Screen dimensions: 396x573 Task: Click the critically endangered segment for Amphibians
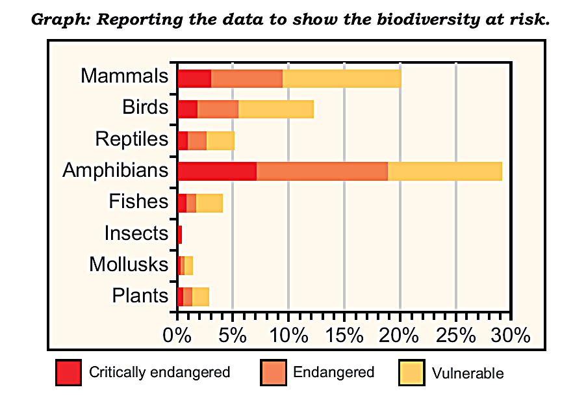coord(216,171)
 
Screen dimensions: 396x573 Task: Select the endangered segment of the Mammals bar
coord(246,77)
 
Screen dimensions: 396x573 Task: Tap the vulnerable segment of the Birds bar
coord(275,109)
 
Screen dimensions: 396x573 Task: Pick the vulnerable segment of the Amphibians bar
coord(444,171)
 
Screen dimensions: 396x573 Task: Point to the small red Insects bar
coord(179,234)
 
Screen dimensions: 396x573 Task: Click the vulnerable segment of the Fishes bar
coord(209,203)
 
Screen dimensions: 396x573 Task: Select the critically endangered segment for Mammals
coord(194,77)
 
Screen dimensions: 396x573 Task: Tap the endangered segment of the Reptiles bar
coord(197,140)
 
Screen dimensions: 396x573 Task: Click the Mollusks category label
coord(129,265)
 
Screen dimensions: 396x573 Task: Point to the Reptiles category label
coord(132,139)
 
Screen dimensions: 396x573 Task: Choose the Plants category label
coord(140,296)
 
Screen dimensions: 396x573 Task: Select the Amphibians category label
coord(116,171)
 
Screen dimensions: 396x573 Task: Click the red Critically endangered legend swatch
coord(68,373)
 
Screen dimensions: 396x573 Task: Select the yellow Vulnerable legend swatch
coord(411,373)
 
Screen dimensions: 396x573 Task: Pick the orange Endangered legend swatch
coord(273,373)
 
